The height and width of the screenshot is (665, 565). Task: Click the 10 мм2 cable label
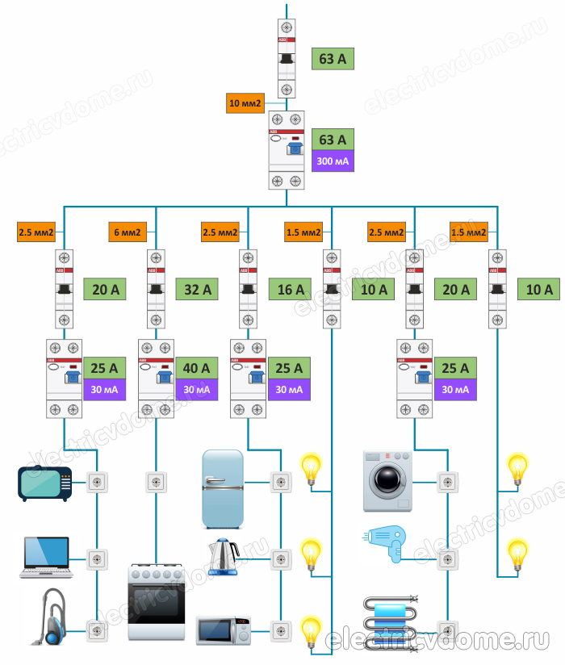click(246, 103)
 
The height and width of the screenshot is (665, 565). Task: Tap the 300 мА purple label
click(333, 161)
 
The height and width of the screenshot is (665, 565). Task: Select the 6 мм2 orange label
click(128, 232)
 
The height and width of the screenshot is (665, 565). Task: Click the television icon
click(45, 483)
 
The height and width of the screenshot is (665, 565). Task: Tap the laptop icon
click(48, 558)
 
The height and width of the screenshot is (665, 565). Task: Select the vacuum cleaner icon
click(46, 617)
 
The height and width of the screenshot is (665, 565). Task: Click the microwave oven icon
click(223, 630)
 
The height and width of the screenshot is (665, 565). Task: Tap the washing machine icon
click(388, 482)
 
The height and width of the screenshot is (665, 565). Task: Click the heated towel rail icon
click(389, 617)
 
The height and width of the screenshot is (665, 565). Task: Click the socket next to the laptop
click(96, 558)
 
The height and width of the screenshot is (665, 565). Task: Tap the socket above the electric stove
click(157, 483)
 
